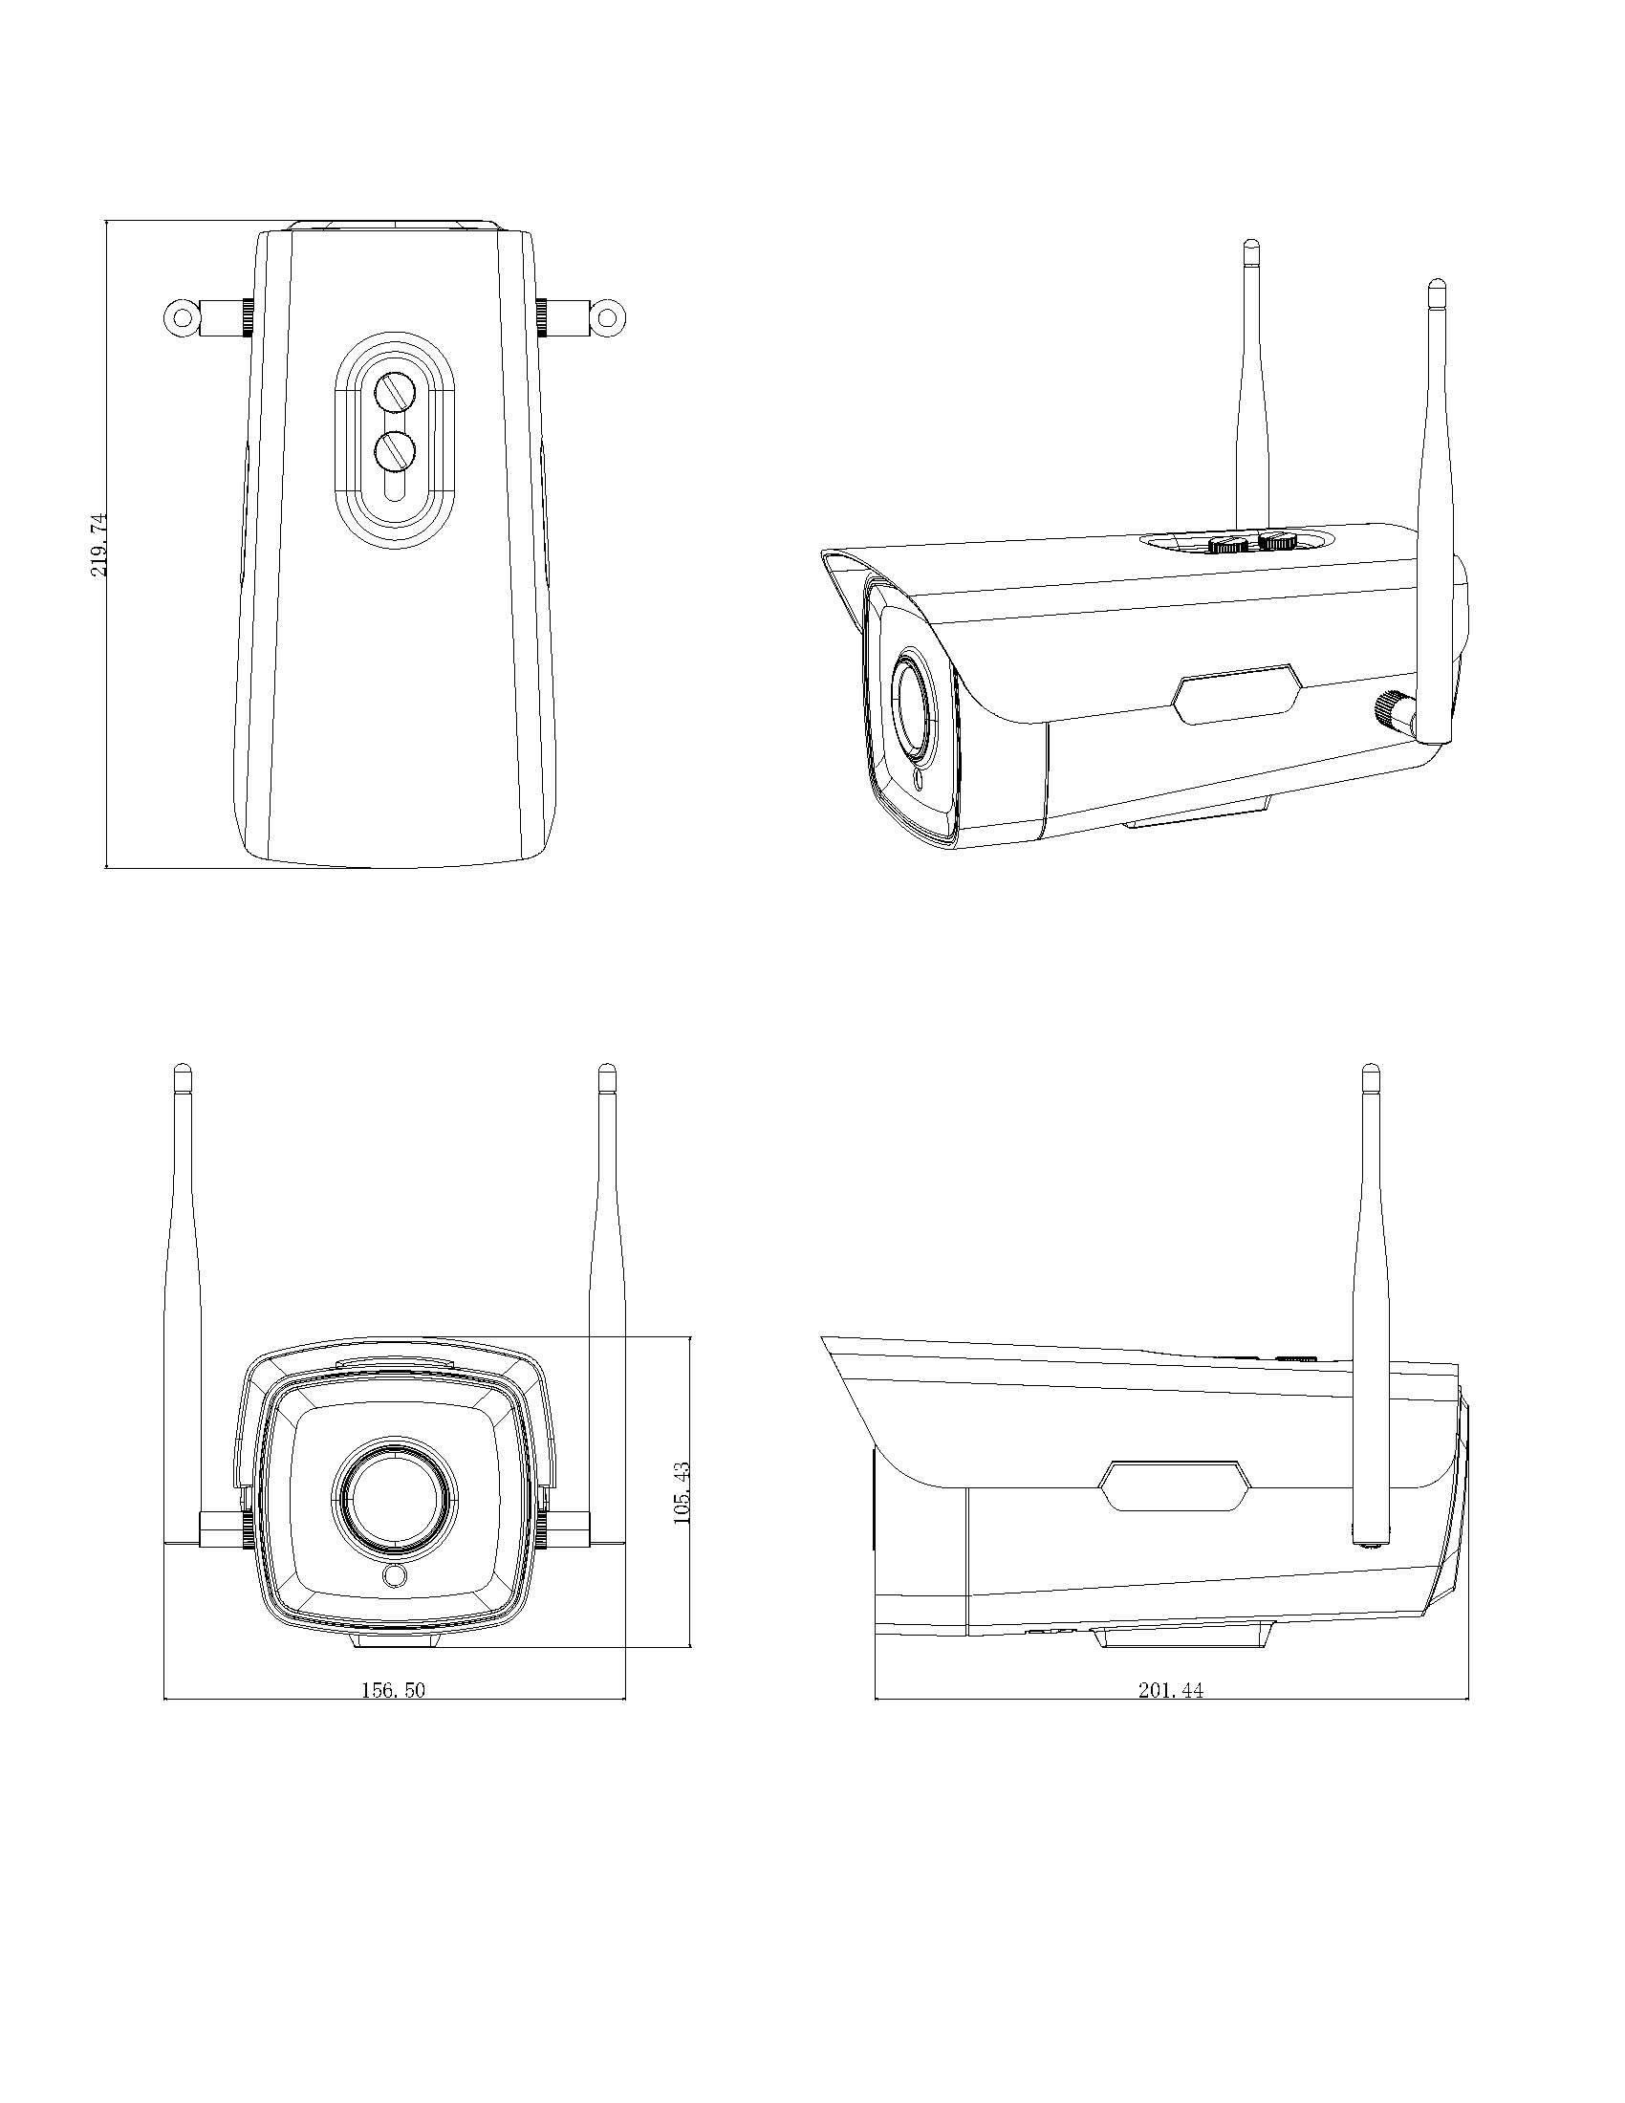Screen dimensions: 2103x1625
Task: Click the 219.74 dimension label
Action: (x=99, y=545)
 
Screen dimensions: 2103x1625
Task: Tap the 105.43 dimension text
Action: (x=682, y=1491)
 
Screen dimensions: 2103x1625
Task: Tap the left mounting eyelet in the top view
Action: (x=179, y=317)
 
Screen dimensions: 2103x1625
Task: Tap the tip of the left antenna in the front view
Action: (x=182, y=1071)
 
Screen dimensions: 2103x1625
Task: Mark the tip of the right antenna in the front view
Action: (x=606, y=1071)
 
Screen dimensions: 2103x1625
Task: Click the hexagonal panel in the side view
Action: (x=1177, y=1485)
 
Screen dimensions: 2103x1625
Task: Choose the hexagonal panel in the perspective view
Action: (x=1237, y=693)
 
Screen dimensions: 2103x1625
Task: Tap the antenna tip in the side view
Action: (x=1371, y=1071)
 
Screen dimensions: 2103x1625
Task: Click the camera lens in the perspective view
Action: (x=915, y=701)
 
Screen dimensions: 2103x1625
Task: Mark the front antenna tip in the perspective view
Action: (x=1437, y=287)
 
